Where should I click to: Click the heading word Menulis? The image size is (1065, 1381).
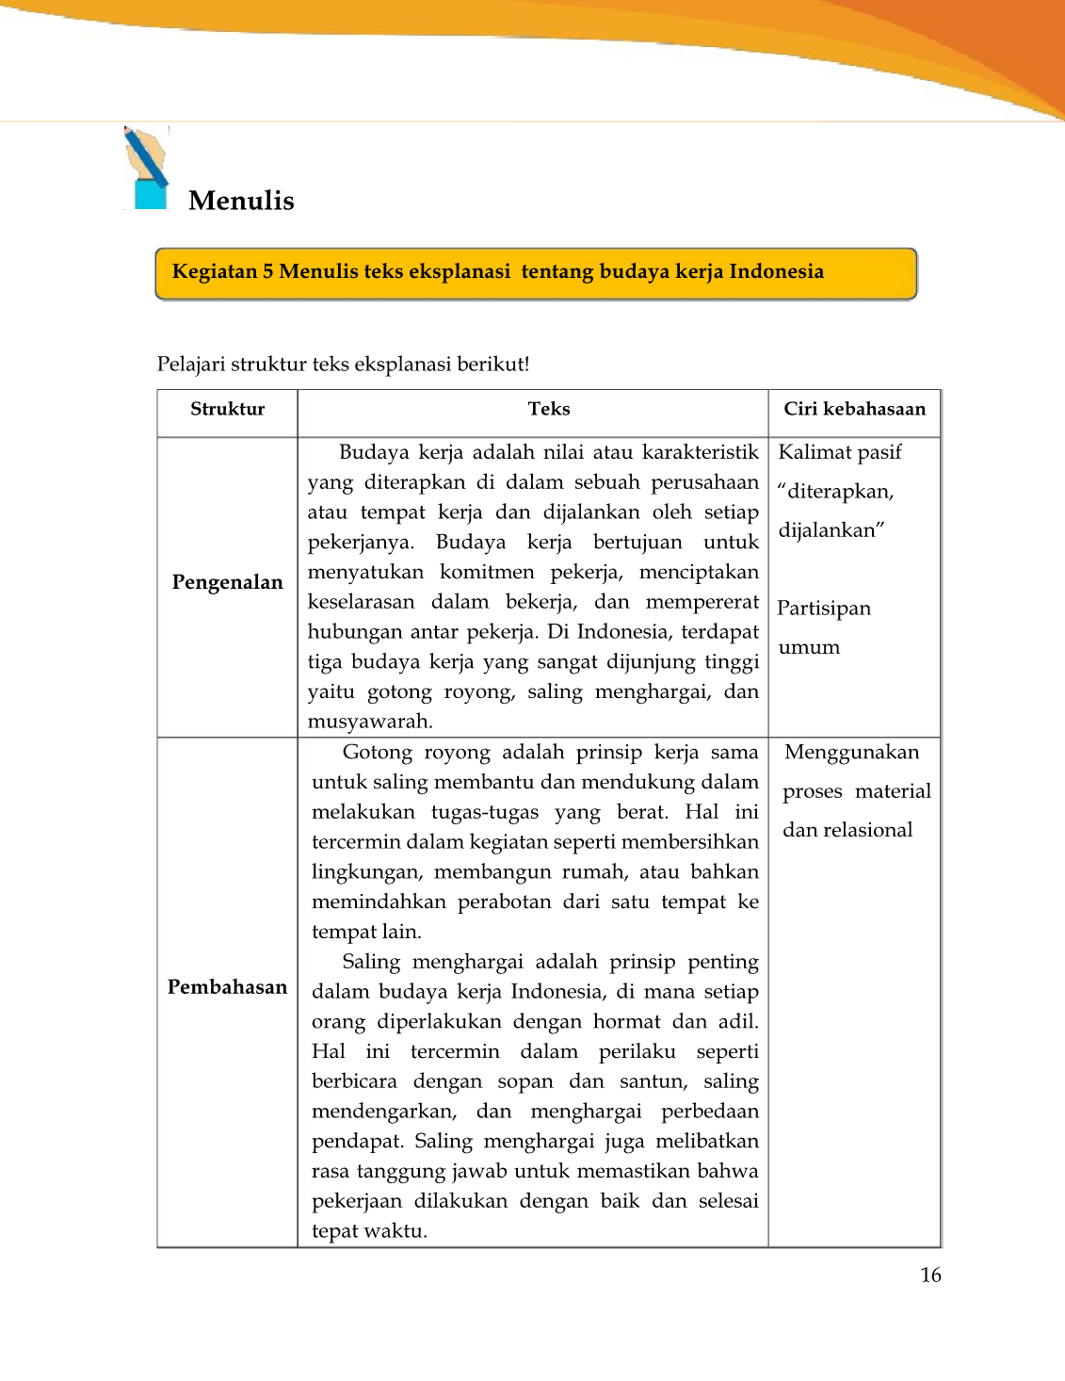click(241, 201)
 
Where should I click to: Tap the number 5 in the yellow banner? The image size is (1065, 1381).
click(267, 272)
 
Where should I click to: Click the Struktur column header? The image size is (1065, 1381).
click(227, 409)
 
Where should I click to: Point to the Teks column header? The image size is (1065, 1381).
click(549, 409)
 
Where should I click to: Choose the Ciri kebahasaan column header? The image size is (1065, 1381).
click(854, 409)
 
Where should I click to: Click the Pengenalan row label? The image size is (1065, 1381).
click(227, 582)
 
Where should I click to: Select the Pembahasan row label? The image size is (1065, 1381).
click(227, 987)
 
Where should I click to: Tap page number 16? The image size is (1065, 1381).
click(930, 1275)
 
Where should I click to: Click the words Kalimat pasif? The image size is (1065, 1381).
click(840, 453)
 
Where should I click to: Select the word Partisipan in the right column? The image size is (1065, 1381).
click(824, 609)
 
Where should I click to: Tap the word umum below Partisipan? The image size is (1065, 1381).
click(809, 648)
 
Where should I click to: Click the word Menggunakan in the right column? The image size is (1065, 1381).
click(851, 753)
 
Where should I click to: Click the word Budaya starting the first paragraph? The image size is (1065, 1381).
click(374, 452)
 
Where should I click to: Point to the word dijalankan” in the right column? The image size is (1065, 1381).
click(831, 530)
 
